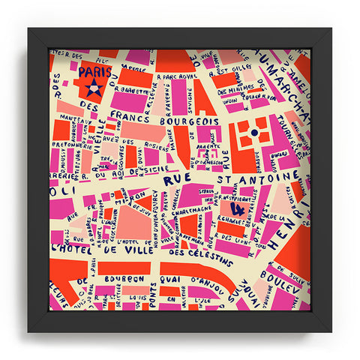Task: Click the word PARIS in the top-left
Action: [x=95, y=72]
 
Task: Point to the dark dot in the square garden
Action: [x=253, y=132]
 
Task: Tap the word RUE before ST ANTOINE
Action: [x=177, y=179]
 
